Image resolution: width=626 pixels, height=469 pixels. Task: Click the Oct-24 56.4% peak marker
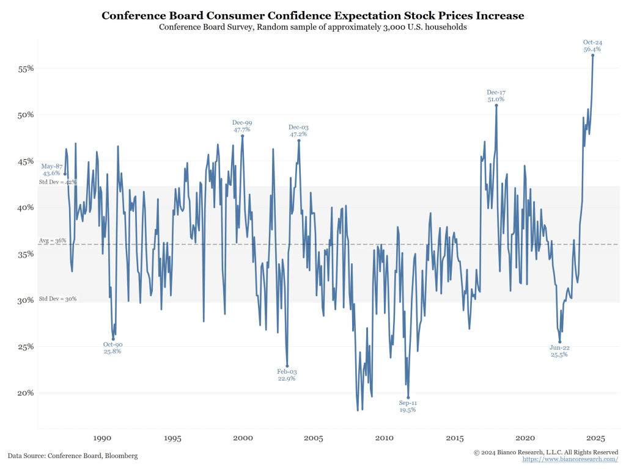592,55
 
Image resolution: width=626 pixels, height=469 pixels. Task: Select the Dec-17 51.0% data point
496,105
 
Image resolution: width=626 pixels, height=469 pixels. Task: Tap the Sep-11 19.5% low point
408,398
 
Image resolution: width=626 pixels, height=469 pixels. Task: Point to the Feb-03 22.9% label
287,375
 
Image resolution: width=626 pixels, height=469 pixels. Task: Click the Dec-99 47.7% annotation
242,126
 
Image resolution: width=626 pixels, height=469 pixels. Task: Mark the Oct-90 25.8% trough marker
113,339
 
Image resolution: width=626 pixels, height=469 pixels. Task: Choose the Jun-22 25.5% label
559,351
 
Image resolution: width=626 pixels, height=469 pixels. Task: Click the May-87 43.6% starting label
51,170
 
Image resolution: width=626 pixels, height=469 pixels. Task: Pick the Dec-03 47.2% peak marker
299,140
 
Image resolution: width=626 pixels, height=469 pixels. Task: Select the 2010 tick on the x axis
384,438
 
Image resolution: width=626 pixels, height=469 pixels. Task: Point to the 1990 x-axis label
102,438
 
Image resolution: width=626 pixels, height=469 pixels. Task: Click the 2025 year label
595,438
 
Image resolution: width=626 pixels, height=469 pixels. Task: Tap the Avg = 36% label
52,241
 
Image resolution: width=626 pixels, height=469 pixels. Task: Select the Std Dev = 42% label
57,182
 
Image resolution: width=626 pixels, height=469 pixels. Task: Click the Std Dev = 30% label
57,299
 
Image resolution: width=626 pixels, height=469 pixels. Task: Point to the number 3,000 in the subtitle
382,27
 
